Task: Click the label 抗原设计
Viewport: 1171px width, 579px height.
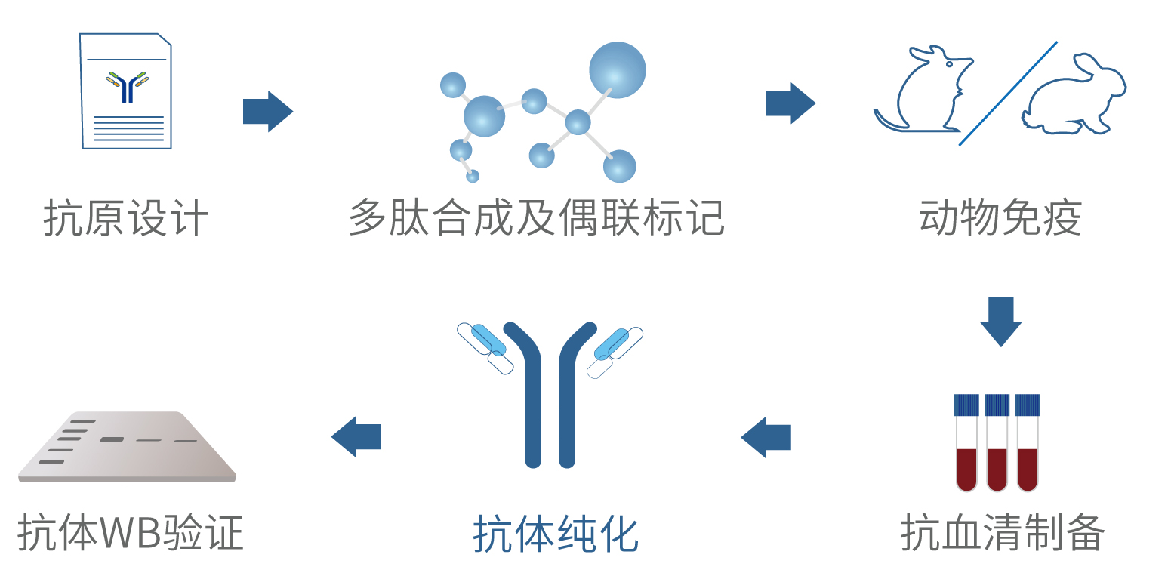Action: coord(125,219)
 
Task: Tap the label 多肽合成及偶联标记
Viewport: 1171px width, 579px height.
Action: coord(536,219)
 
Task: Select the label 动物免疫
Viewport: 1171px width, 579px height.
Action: coord(1000,219)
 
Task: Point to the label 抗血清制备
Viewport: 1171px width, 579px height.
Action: coord(1002,533)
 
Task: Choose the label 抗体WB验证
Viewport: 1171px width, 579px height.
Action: coord(130,533)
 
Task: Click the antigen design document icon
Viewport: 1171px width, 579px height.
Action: coord(126,91)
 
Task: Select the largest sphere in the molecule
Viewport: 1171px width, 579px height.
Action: coord(617,69)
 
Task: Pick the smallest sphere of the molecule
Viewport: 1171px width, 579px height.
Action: coord(473,177)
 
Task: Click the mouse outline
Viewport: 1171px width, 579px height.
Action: coord(921,91)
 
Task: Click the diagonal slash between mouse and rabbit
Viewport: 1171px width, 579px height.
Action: coord(1008,93)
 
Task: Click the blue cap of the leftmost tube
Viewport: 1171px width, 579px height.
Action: coord(966,405)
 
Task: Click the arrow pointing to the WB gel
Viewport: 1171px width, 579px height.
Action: coord(356,436)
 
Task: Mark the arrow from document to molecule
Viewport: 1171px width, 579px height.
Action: coord(267,112)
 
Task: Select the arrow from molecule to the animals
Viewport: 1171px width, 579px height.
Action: coord(790,103)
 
